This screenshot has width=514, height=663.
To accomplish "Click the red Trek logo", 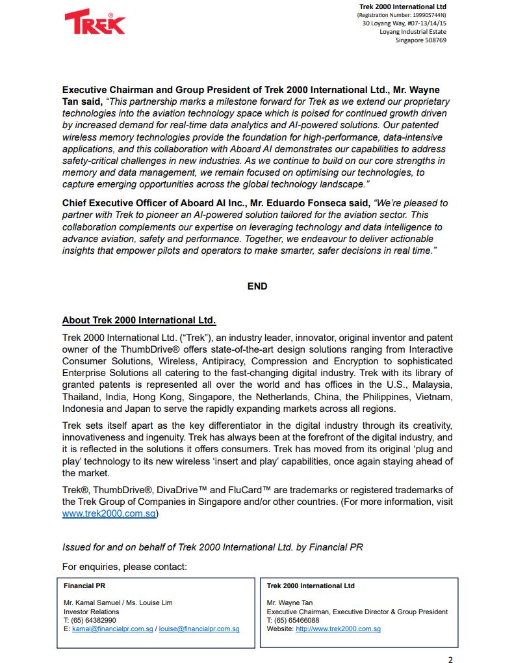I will (95, 22).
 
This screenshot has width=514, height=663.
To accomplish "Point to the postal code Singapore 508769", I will (421, 40).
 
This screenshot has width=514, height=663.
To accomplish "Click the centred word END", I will (257, 286).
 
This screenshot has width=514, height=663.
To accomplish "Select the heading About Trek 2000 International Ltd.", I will (139, 320).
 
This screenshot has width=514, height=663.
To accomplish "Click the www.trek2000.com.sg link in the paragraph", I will (109, 513).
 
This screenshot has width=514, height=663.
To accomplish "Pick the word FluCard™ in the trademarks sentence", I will (253, 490).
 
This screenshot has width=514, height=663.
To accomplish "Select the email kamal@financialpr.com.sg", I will (112, 629).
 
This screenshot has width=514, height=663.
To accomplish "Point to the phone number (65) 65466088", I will (296, 621).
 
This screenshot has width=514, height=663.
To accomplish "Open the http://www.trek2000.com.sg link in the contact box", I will (338, 629).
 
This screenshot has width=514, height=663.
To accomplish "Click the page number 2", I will (450, 660).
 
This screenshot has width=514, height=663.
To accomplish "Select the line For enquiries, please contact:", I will (125, 567).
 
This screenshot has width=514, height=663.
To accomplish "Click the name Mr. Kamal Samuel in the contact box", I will (90, 603).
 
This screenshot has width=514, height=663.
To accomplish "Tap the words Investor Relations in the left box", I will (92, 612).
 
